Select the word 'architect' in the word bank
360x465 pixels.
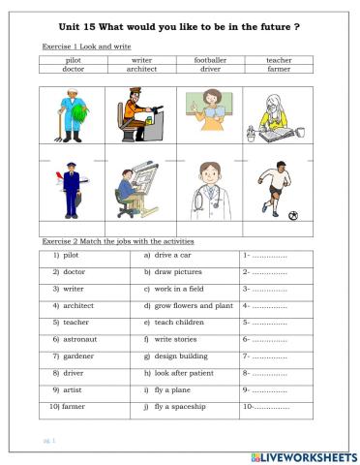click(x=141, y=70)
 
